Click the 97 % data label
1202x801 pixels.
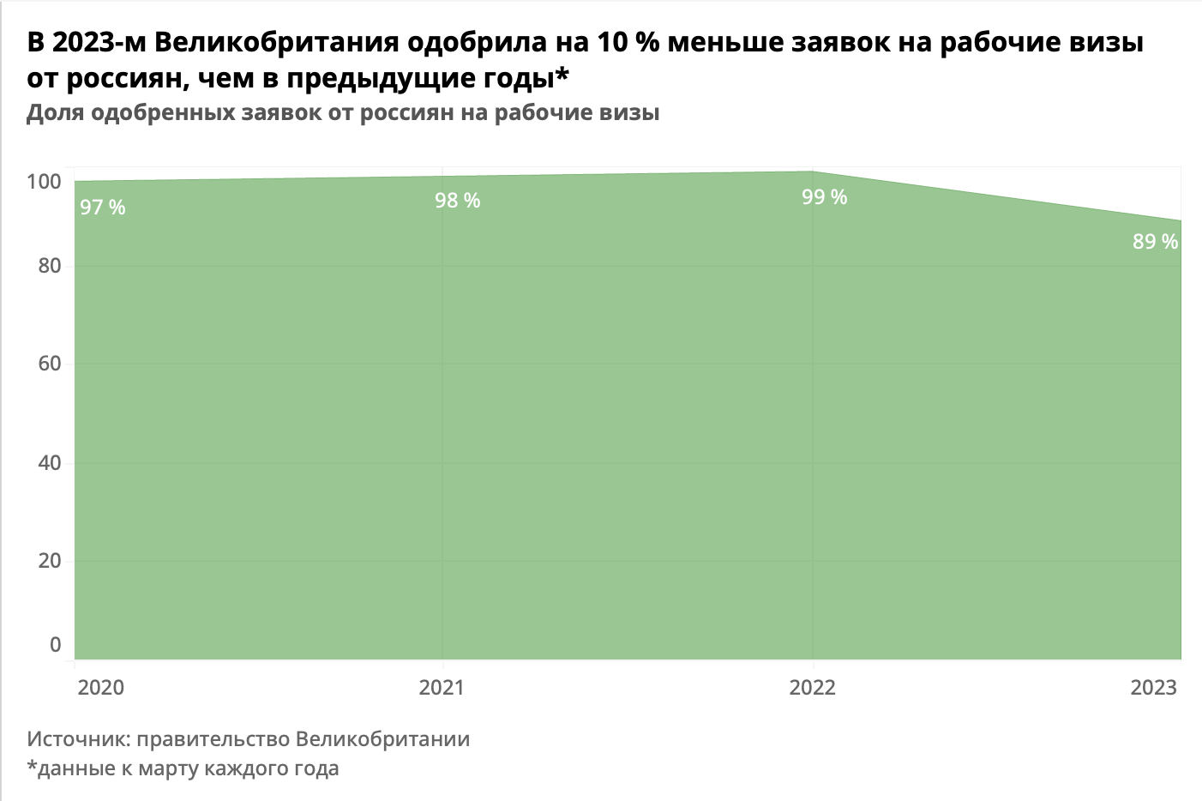click(x=103, y=208)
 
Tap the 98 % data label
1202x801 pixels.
click(x=457, y=201)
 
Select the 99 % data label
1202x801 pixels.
click(x=824, y=197)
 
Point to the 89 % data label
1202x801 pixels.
click(x=1155, y=242)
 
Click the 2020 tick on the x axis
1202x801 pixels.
click(x=101, y=687)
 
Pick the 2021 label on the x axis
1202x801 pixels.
click(x=442, y=687)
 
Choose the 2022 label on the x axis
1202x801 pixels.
click(x=812, y=687)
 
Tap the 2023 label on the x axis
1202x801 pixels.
click(x=1153, y=687)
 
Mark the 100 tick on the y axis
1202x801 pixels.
click(x=44, y=182)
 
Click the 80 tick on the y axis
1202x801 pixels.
click(x=50, y=266)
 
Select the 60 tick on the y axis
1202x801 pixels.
click(x=50, y=364)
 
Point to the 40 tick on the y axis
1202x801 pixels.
click(x=50, y=463)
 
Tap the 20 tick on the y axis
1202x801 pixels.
click(x=50, y=561)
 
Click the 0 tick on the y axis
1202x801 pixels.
click(x=56, y=645)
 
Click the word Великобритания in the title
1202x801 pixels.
click(x=277, y=42)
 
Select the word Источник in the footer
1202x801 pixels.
click(x=77, y=739)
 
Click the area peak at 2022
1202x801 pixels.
click(x=813, y=172)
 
